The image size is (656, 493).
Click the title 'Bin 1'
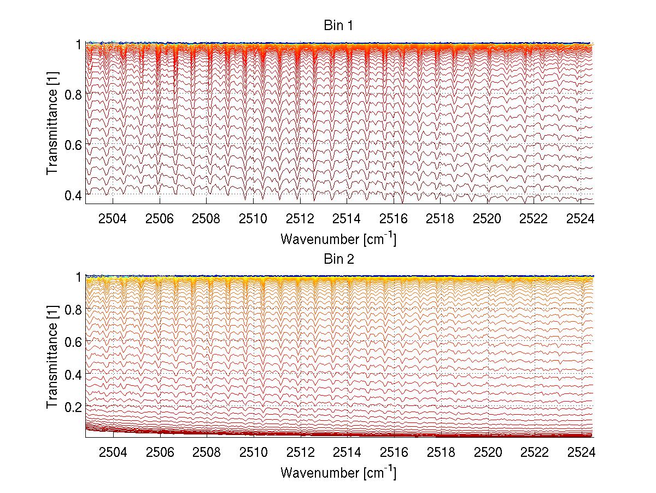[x=338, y=25]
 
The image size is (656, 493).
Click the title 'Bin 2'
[x=338, y=259]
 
